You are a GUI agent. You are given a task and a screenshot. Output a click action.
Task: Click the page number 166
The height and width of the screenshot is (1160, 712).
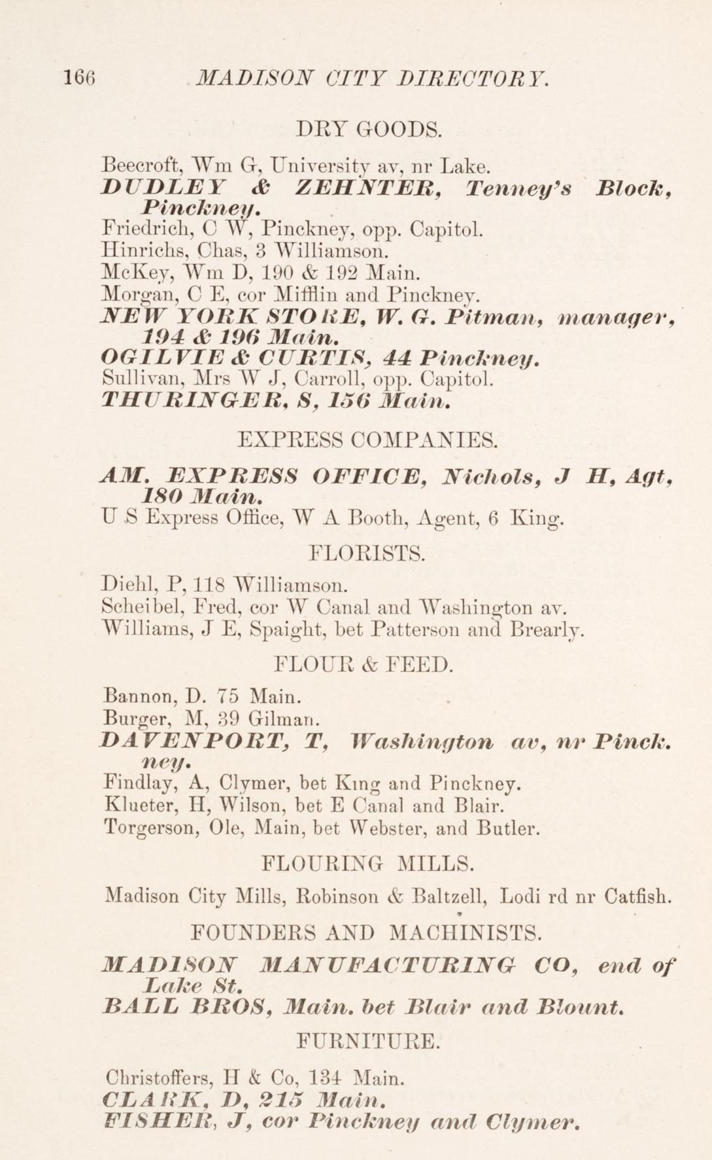80,78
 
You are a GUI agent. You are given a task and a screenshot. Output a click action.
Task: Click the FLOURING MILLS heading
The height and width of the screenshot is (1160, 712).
367,864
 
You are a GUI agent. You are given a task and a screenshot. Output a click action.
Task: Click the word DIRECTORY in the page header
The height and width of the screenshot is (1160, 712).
472,79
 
